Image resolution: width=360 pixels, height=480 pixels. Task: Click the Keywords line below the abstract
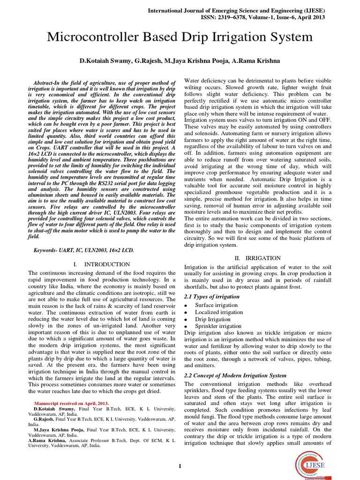tap(83, 250)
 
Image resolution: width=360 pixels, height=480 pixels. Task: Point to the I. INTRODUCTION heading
tap(102, 264)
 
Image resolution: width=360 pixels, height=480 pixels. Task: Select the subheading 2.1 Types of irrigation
tap(212, 296)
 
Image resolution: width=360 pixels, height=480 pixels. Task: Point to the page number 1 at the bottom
tap(180, 465)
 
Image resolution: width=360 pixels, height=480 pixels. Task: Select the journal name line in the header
tap(236, 10)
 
